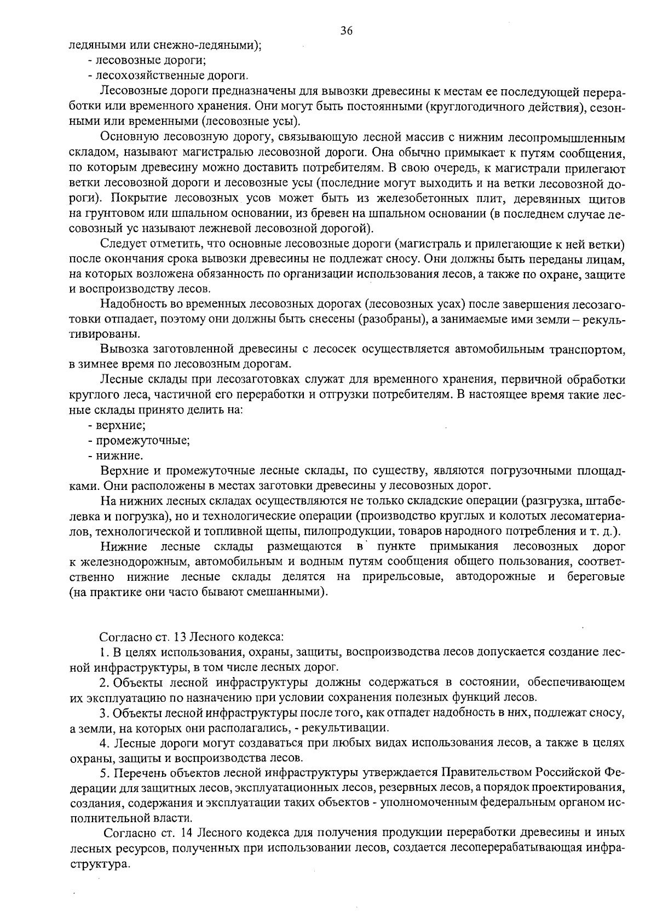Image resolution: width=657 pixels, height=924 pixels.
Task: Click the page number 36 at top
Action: pyautogui.click(x=346, y=31)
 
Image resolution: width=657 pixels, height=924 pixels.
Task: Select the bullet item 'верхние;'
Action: pyautogui.click(x=120, y=425)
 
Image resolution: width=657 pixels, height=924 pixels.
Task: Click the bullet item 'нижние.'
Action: pyautogui.click(x=119, y=455)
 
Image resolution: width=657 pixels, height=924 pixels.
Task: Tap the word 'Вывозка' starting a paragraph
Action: pyautogui.click(x=124, y=349)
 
